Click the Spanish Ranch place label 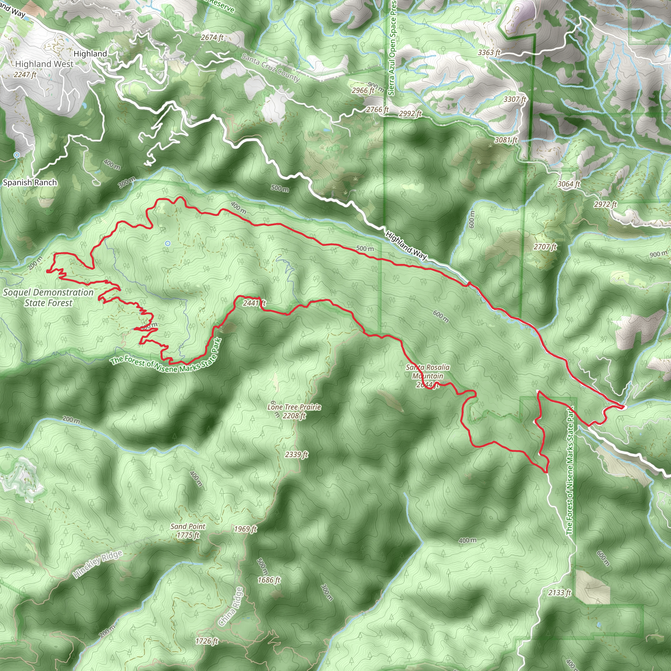coord(30,182)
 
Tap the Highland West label coord(44,64)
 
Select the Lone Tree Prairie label coord(294,407)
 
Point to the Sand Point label coord(188,527)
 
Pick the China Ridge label coord(231,606)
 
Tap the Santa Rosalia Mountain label coord(428,372)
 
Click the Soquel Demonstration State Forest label coord(48,297)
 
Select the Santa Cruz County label coord(271,67)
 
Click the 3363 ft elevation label coord(489,52)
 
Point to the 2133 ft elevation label coord(560,592)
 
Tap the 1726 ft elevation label coord(207,641)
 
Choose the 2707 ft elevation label coord(545,247)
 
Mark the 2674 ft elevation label coord(212,37)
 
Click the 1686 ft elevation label coord(269,580)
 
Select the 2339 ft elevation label coord(296,454)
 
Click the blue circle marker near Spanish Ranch coord(17,155)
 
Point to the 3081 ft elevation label coord(506,140)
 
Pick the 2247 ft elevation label coord(25,74)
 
